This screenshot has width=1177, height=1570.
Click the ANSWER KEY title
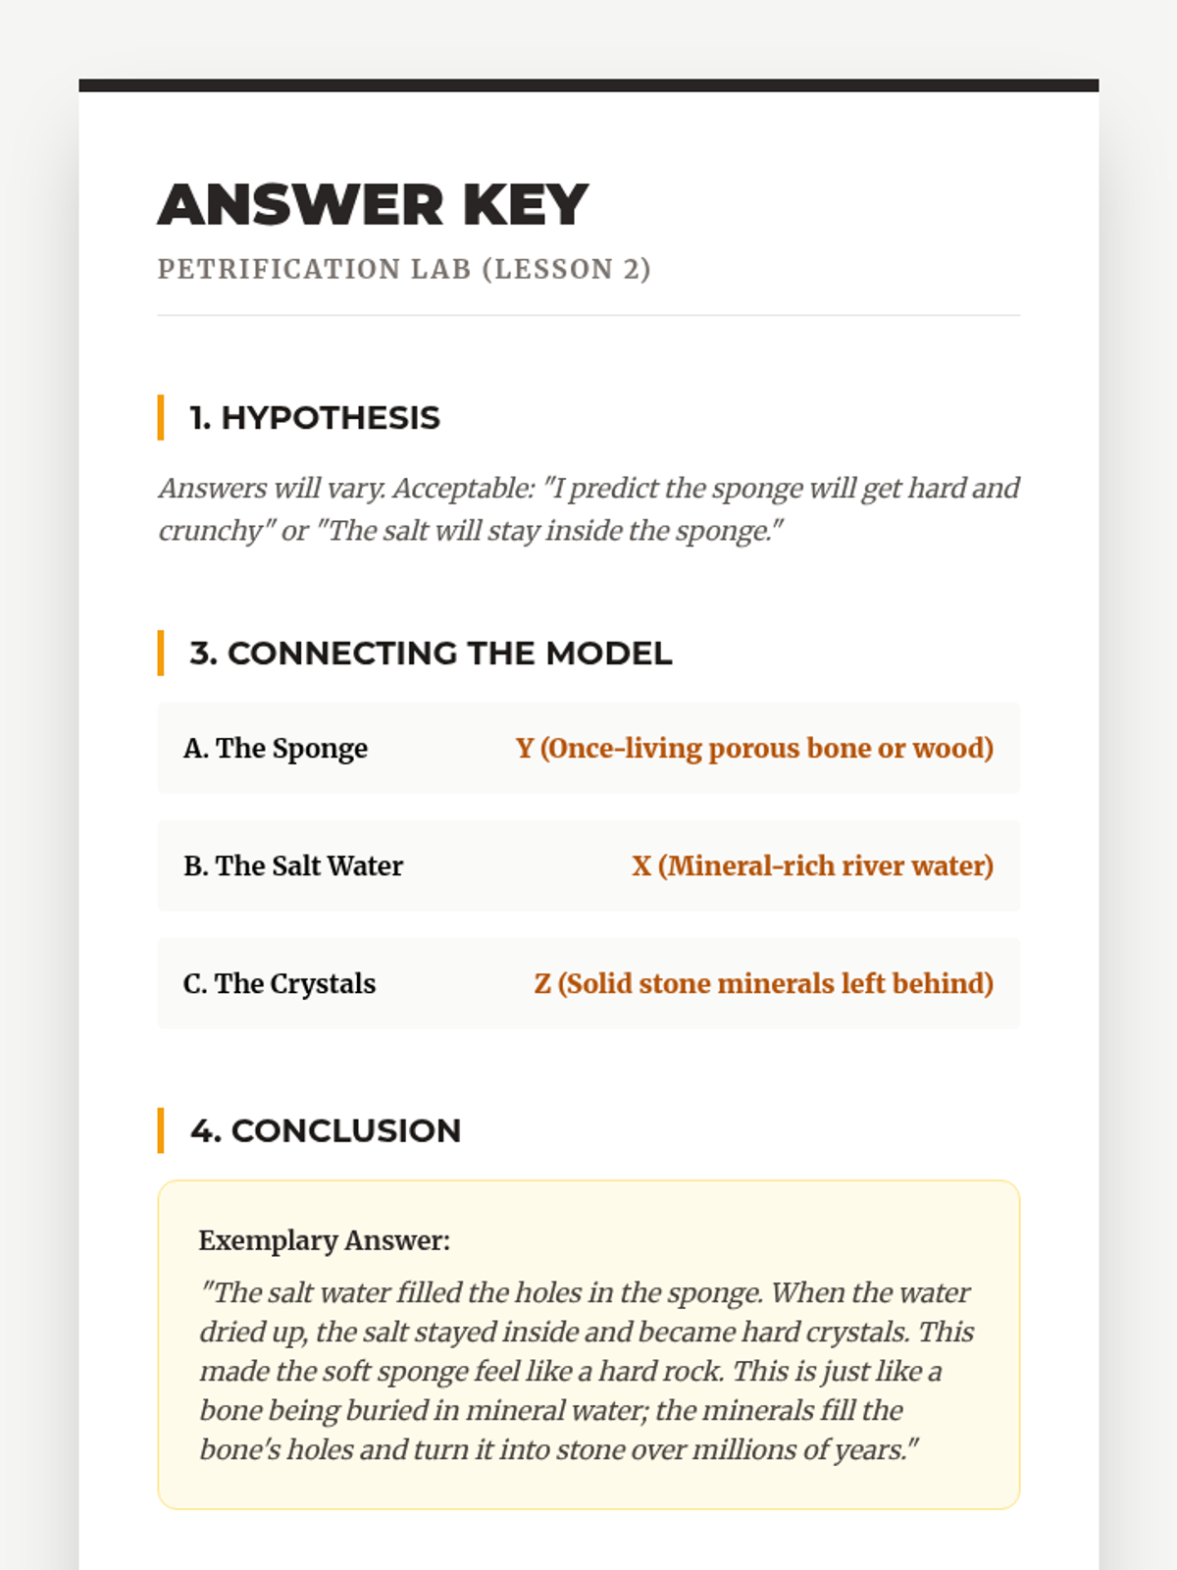click(x=373, y=205)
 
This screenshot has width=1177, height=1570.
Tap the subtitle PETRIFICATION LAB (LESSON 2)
click(x=404, y=269)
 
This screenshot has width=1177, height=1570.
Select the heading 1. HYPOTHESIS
click(x=315, y=418)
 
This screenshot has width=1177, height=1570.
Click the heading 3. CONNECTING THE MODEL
click(x=431, y=654)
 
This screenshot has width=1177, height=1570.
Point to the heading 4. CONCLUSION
click(x=326, y=1130)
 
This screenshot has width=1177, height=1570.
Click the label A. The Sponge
click(x=276, y=749)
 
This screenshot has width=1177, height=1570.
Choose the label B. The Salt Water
click(x=293, y=866)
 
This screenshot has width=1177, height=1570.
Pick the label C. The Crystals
click(x=280, y=984)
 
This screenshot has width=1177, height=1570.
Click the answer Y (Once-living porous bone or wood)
click(x=754, y=749)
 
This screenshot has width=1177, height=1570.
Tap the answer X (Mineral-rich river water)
click(x=812, y=866)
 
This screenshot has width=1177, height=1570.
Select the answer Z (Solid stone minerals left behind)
click(x=763, y=984)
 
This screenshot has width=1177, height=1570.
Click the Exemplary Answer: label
click(x=324, y=1240)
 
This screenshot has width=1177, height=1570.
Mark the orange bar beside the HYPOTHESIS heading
click(x=161, y=418)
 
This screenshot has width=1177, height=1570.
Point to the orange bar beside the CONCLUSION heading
click(x=161, y=1130)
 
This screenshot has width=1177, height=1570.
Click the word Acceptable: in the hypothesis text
click(x=463, y=489)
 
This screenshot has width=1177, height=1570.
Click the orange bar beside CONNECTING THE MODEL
click(x=161, y=654)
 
